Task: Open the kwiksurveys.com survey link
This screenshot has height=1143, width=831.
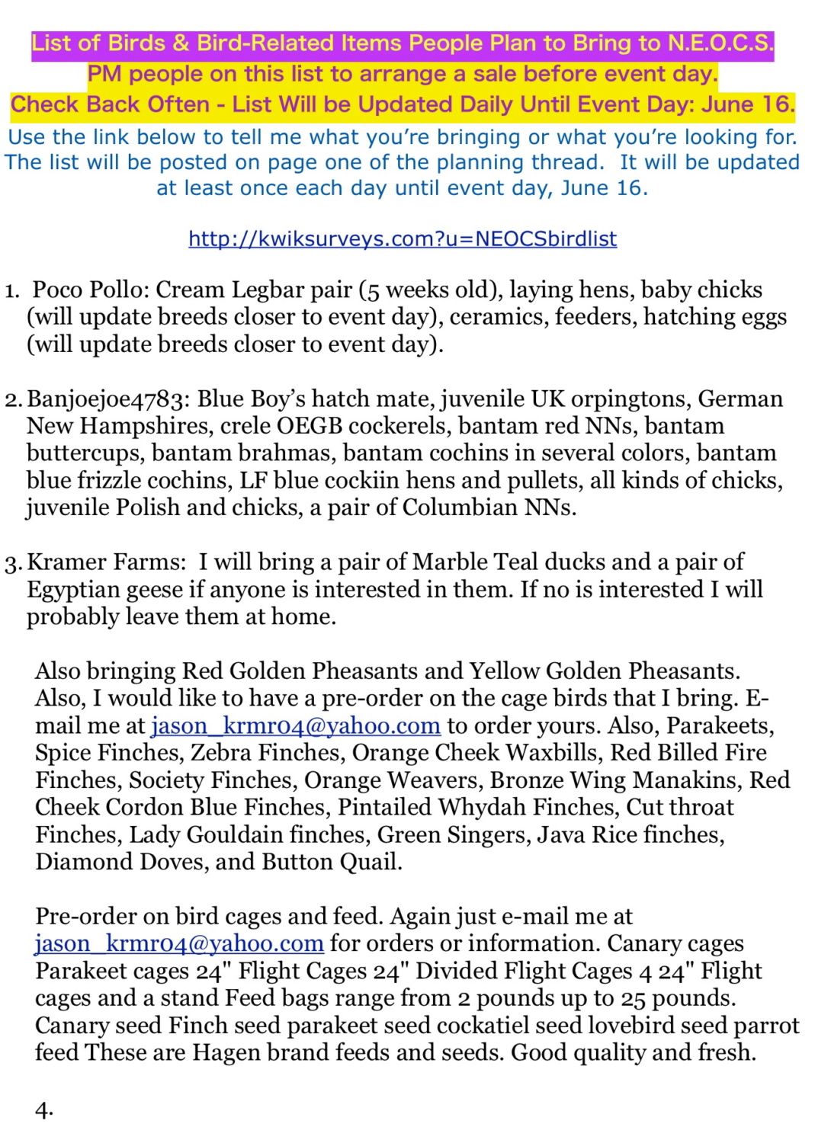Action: (x=403, y=239)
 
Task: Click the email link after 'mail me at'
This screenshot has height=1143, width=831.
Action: (x=295, y=725)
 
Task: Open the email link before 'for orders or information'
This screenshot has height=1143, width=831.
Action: (x=179, y=943)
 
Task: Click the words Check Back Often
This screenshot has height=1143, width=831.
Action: (x=110, y=104)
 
